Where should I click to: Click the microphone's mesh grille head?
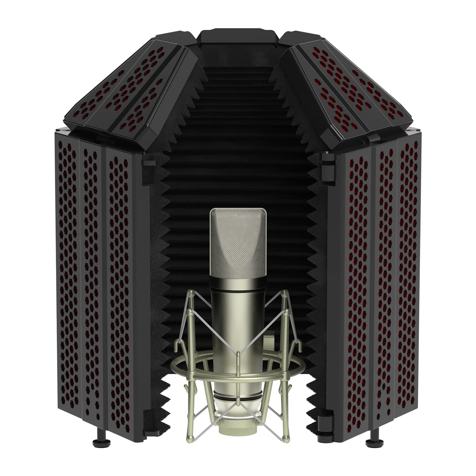[238, 241]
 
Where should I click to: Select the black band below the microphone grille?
[238, 286]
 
